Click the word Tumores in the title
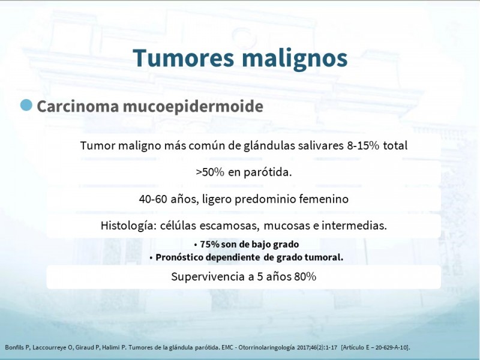184,58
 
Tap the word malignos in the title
295,59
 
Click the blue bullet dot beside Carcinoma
26,105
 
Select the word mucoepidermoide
193,107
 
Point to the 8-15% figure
363,145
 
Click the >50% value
210,172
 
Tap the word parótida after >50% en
268,173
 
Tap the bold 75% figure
210,244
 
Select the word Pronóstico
179,257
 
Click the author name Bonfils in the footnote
14,347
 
